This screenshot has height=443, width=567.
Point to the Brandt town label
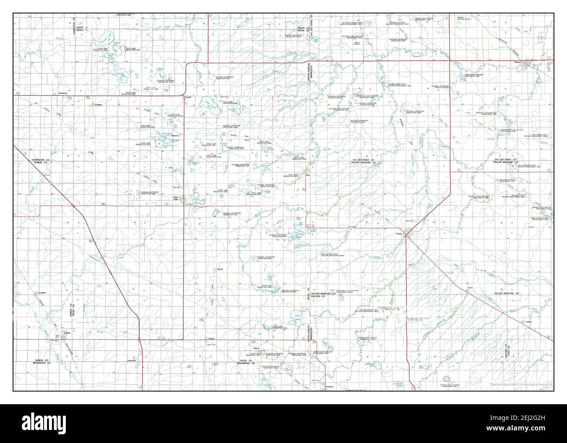pyautogui.click(x=220, y=269)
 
